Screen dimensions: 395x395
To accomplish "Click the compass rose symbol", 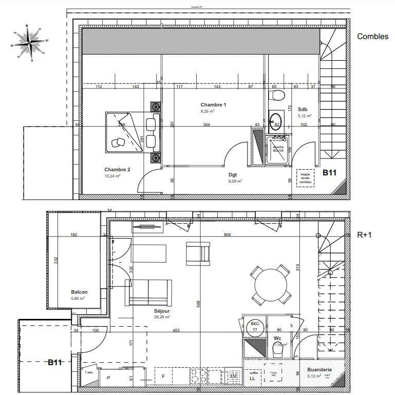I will coord(30,42).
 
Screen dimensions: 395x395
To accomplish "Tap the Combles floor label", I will coord(372,37).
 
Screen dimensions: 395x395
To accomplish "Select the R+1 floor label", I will coord(365,235).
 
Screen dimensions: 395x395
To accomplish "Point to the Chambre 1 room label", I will coord(213,105).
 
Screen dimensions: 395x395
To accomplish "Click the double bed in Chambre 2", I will coord(124,132).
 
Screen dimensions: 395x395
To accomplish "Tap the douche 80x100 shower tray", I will coord(278,149).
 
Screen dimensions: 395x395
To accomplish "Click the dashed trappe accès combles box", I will coord(306,178).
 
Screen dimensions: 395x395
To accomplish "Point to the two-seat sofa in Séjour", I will coord(148,292).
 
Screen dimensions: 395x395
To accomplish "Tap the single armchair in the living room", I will coord(198,253).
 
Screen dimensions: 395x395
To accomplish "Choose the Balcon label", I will coord(79,292).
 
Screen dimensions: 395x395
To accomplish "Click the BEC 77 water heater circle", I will coord(254,327).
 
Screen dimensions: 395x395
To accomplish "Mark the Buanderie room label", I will coord(319,370).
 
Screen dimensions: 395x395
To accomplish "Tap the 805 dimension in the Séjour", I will coord(228,235).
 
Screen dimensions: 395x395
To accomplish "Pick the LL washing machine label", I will coord(252,379).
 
